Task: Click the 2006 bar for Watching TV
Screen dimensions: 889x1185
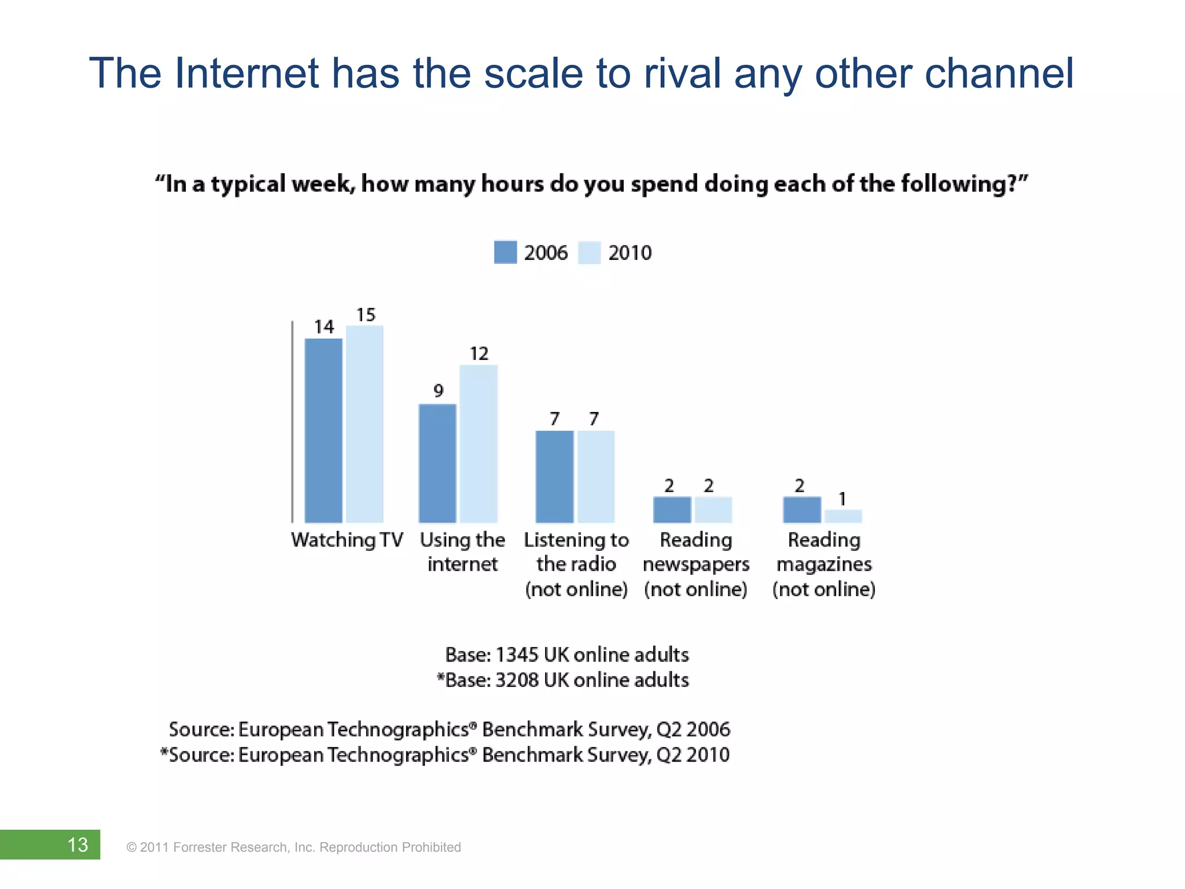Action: (x=323, y=431)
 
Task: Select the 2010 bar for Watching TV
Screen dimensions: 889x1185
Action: (x=365, y=424)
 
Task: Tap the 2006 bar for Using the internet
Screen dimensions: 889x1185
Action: (x=437, y=464)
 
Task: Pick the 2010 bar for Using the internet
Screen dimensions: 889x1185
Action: (x=479, y=444)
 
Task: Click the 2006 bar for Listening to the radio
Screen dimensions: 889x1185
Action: (x=554, y=477)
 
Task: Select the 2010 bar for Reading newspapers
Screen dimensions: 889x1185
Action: (x=713, y=510)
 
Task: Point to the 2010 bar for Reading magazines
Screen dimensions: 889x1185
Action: (x=843, y=516)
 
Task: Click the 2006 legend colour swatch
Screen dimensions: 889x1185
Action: (x=505, y=252)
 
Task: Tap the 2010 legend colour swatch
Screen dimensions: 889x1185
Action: (x=589, y=252)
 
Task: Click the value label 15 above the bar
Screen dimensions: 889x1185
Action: (x=366, y=315)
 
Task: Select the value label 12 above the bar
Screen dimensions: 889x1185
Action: (x=479, y=354)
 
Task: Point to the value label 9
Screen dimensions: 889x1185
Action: (x=439, y=391)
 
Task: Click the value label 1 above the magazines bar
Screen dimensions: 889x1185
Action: (x=842, y=499)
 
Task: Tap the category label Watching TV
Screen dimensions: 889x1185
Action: (x=347, y=540)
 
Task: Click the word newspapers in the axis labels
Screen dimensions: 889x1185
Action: (x=696, y=564)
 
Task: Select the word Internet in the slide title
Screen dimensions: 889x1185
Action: (x=246, y=74)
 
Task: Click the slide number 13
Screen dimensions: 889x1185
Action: (x=78, y=844)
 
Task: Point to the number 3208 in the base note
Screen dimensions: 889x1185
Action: (x=517, y=679)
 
